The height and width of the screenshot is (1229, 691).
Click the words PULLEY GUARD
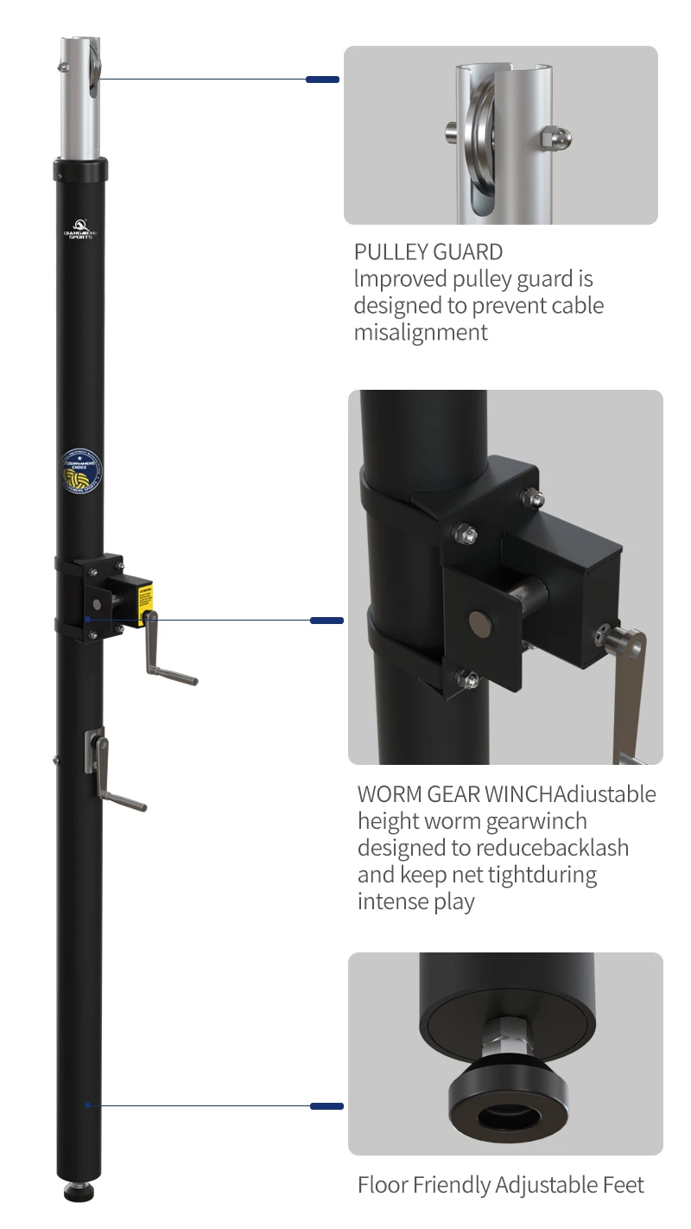tap(428, 252)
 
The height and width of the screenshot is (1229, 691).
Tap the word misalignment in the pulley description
tap(421, 332)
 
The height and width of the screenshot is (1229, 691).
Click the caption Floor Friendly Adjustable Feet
tap(500, 1185)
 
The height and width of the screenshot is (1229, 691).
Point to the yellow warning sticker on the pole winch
tap(147, 595)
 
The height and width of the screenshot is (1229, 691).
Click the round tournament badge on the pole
tap(81, 470)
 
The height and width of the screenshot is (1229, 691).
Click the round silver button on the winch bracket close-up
tap(477, 620)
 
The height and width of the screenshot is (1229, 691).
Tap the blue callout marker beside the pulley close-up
tap(322, 80)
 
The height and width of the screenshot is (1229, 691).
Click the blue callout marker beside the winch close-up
tap(326, 620)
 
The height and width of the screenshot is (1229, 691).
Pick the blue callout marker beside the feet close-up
tap(326, 1105)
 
